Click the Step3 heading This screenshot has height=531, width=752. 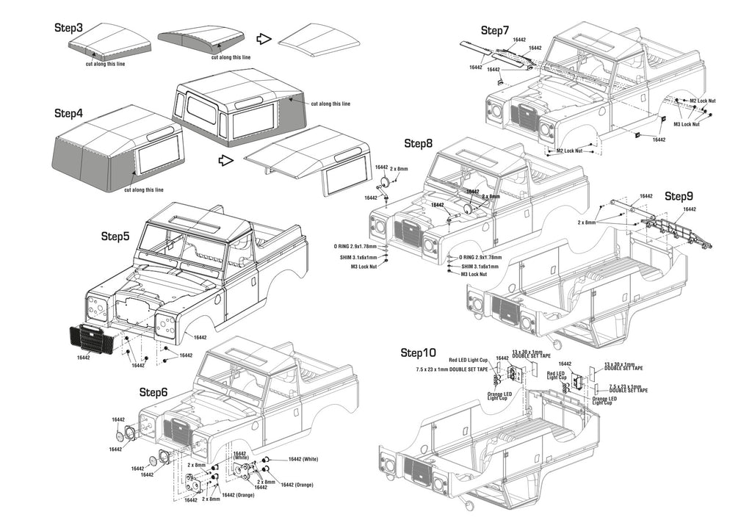pyautogui.click(x=68, y=28)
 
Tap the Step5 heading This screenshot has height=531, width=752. pyautogui.click(x=115, y=236)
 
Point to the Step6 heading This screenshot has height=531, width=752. pyautogui.click(x=153, y=392)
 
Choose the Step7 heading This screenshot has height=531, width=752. pyautogui.click(x=495, y=30)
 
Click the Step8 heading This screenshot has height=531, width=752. pyautogui.click(x=418, y=144)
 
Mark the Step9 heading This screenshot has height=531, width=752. pyautogui.click(x=679, y=196)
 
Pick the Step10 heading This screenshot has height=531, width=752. pyautogui.click(x=419, y=354)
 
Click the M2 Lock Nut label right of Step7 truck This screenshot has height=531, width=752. pyautogui.click(x=702, y=101)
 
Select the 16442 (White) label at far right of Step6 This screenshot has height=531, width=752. pyautogui.click(x=303, y=459)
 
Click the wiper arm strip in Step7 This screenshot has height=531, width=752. pyautogui.click(x=492, y=54)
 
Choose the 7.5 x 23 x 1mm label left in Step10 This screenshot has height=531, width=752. pyautogui.click(x=452, y=369)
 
